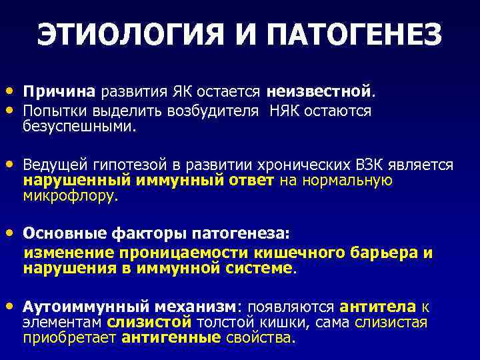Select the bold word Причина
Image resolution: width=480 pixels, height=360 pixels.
pyautogui.click(x=60, y=90)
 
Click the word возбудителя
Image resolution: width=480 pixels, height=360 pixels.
pyautogui.click(x=214, y=110)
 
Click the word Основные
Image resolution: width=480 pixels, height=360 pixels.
pyautogui.click(x=61, y=234)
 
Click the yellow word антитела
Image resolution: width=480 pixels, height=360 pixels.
pyautogui.click(x=377, y=307)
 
